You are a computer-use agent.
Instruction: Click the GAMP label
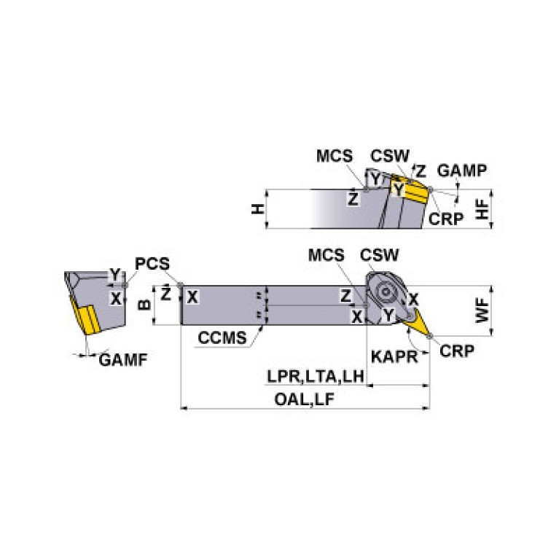462,170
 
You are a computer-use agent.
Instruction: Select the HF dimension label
482,209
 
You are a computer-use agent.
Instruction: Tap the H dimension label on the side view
257,209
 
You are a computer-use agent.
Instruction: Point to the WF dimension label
482,308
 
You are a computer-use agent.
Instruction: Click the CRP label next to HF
446,218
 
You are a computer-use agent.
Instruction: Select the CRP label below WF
457,351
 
